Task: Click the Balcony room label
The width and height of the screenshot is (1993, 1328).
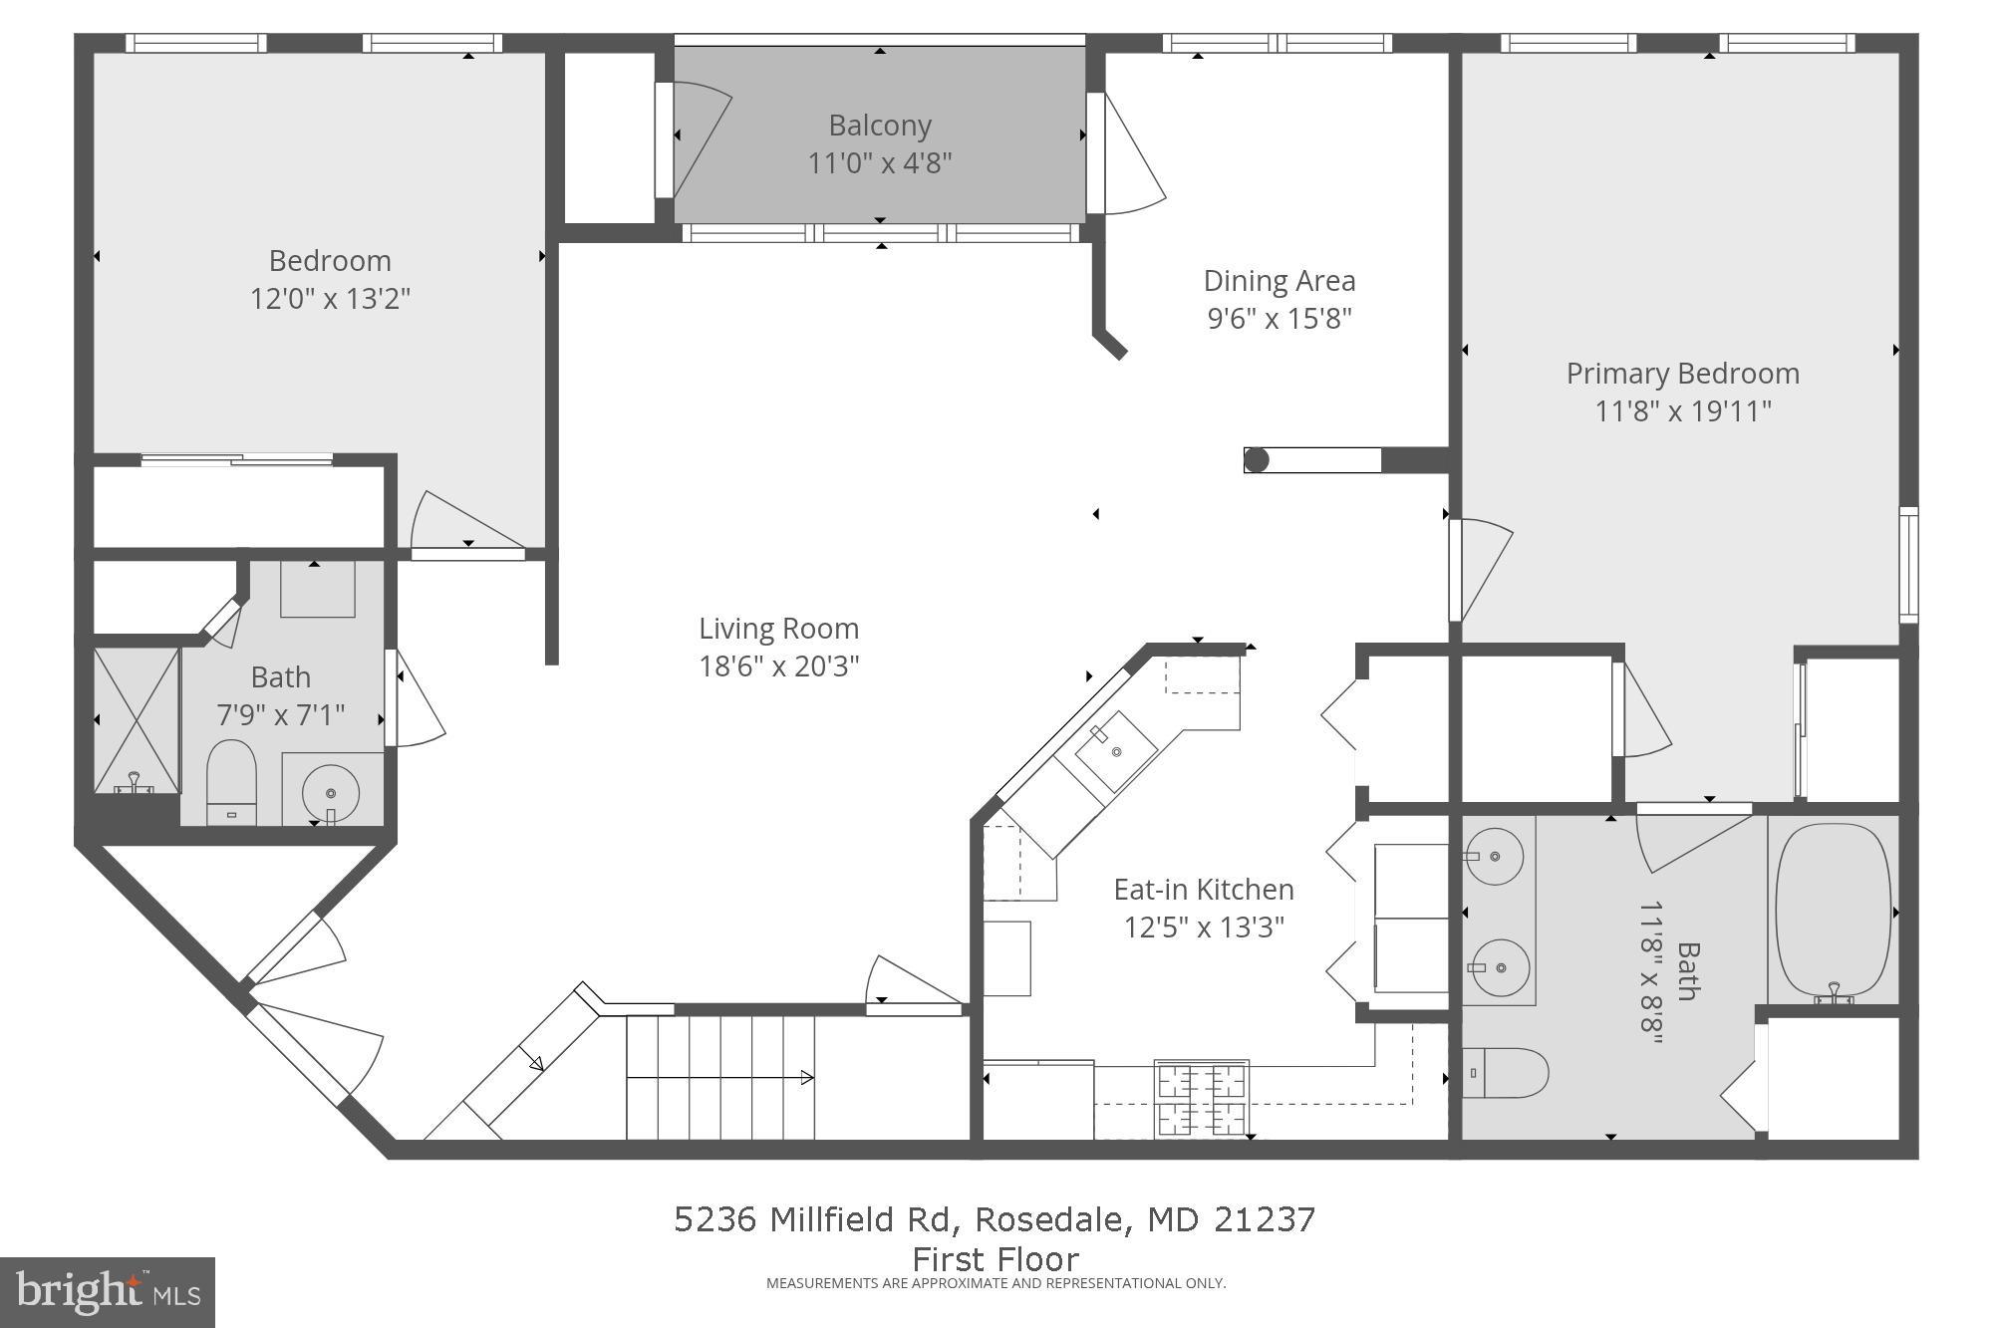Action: [880, 126]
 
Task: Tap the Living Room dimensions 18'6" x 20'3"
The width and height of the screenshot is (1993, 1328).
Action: [778, 665]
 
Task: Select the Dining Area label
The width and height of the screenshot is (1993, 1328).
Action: [1279, 281]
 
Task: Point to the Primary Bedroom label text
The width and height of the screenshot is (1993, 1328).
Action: [1682, 374]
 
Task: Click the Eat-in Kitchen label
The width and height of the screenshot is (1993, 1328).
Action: [1203, 889]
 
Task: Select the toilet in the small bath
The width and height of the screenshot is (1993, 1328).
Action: [231, 780]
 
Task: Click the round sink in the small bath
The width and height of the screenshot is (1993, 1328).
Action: [331, 792]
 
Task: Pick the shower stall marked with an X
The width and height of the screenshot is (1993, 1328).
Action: [137, 719]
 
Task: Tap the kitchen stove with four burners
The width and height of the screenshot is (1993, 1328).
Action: [1201, 1098]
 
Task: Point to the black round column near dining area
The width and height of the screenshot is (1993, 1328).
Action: [1257, 459]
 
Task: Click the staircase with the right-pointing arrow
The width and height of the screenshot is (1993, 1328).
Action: [719, 1077]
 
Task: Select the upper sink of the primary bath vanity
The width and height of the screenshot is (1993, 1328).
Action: [1494, 855]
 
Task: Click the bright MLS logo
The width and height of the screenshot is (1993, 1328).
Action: [108, 1292]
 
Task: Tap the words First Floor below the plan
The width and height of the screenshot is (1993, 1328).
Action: [996, 1258]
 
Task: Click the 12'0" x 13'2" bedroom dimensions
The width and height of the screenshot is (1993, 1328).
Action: [330, 298]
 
